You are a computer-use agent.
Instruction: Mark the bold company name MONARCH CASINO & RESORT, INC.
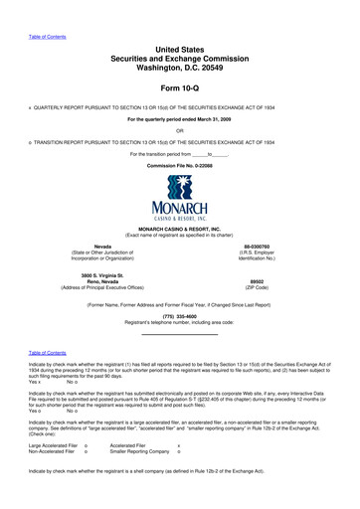coord(180,228)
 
